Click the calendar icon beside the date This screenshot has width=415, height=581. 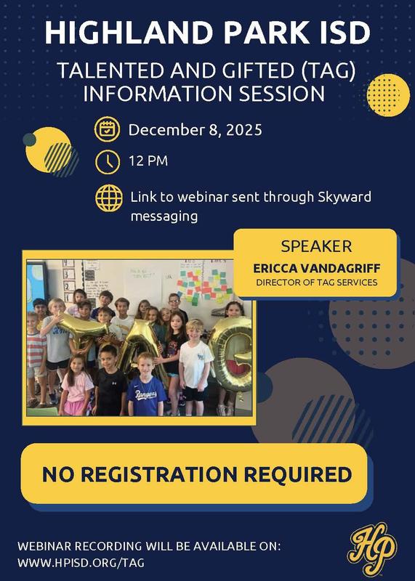coord(107,131)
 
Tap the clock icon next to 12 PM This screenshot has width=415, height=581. coord(107,161)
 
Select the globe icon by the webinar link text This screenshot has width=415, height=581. coord(108,198)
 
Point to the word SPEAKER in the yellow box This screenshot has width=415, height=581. coord(315,247)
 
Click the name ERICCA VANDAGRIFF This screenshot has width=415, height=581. coord(315,267)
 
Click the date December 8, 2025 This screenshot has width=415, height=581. coord(195,131)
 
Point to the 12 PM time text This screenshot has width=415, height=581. coord(148,160)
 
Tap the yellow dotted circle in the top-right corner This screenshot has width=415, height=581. coord(388,96)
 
